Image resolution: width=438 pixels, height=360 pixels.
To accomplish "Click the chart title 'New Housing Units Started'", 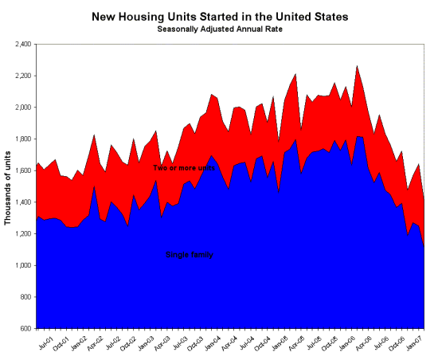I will (219, 16).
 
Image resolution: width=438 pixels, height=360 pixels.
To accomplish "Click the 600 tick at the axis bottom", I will (24, 328).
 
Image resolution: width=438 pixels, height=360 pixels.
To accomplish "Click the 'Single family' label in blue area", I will (190, 254).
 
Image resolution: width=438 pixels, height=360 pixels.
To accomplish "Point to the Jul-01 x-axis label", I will (47, 344).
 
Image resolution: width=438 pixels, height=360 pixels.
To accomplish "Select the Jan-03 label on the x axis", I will (147, 344).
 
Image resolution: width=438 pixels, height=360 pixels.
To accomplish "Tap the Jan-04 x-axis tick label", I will (213, 344).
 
